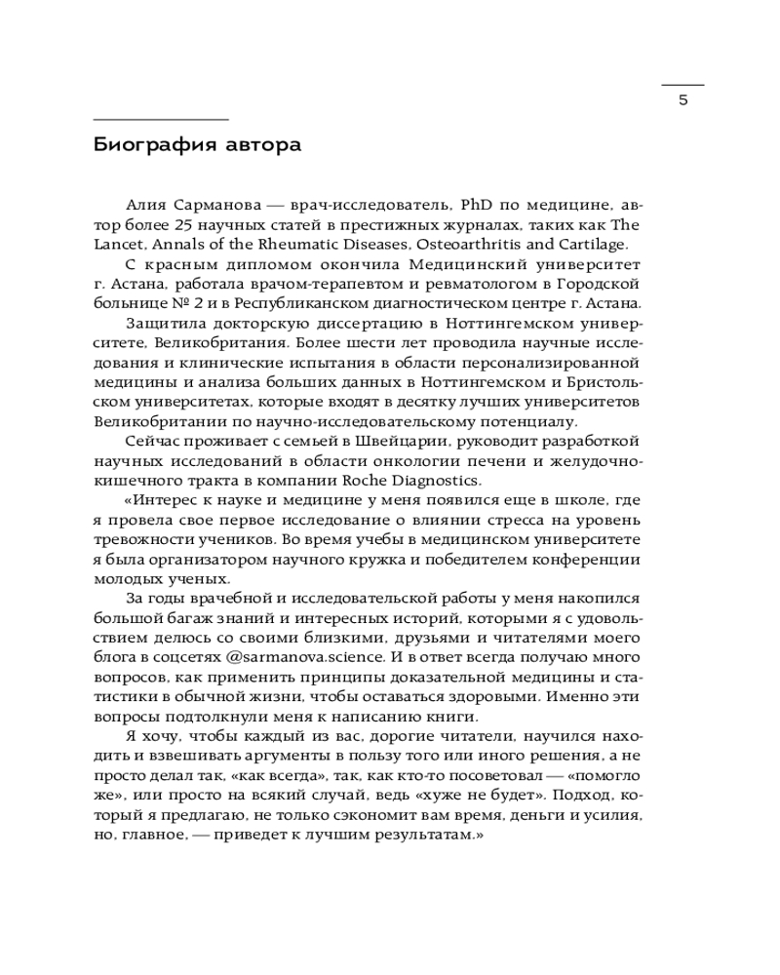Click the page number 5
(682, 100)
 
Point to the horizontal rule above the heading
(161, 119)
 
